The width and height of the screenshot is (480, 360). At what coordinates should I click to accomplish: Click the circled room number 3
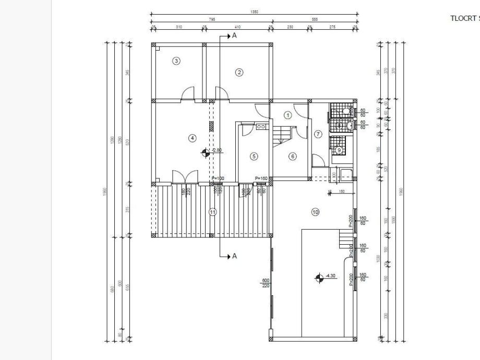tap(176, 61)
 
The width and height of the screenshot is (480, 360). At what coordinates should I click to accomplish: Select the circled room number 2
tap(239, 73)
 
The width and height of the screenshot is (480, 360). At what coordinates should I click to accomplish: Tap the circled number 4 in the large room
tap(193, 138)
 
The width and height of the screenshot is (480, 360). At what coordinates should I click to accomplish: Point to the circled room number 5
tap(254, 155)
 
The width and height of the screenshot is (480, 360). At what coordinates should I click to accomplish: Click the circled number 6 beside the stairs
tap(292, 156)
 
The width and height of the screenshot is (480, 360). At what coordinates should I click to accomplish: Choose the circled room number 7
tap(319, 134)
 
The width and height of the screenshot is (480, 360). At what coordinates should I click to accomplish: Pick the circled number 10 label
tap(315, 212)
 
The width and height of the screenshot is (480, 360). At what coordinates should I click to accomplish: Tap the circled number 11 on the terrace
tap(212, 212)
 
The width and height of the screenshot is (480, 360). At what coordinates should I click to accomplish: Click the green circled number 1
tap(287, 114)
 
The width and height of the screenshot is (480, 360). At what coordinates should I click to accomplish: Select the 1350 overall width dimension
tap(254, 11)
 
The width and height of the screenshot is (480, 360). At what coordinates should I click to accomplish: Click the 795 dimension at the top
tap(212, 19)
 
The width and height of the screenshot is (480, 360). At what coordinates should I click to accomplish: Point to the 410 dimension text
tap(237, 27)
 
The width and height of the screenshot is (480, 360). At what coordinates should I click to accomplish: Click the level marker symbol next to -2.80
tap(206, 152)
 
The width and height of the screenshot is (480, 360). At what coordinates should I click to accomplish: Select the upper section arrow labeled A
tap(229, 35)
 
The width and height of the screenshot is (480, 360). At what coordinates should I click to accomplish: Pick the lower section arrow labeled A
tap(229, 256)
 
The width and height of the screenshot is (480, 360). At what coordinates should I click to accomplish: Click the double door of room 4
tap(185, 176)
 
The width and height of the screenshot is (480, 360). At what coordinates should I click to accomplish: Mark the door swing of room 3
tap(187, 94)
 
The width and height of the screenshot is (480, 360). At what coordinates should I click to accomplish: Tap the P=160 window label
tap(261, 179)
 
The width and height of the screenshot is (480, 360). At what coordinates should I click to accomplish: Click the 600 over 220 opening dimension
tap(266, 283)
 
